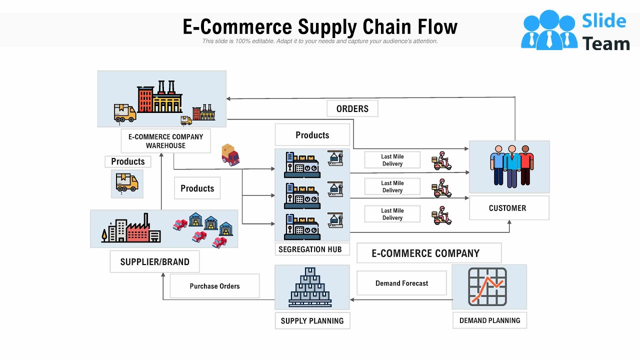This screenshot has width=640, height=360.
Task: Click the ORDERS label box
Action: tap(352, 108)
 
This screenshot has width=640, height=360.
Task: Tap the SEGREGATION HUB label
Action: tap(310, 249)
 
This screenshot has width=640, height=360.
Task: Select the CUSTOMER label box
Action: tap(507, 208)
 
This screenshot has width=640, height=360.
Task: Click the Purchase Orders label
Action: tap(214, 286)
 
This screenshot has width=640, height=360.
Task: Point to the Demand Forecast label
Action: tap(401, 283)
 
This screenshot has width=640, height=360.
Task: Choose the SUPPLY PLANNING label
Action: tap(312, 320)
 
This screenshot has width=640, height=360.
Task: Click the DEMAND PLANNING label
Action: tap(489, 320)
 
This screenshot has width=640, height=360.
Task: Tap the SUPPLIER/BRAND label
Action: tap(154, 261)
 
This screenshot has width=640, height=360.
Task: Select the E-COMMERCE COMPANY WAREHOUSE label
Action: tap(165, 141)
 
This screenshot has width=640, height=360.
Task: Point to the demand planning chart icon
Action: tap(487, 286)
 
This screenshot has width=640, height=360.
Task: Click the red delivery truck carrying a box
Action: tap(230, 155)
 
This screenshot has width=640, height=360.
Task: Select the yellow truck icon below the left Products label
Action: tap(127, 183)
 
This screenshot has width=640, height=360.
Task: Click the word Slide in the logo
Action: tap(604, 21)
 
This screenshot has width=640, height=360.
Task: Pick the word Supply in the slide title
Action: tap(327, 26)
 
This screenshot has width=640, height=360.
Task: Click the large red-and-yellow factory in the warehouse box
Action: tap(159, 97)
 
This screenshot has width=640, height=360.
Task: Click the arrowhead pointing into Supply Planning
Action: tap(352, 300)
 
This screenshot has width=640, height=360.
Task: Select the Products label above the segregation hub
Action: tap(312, 135)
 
